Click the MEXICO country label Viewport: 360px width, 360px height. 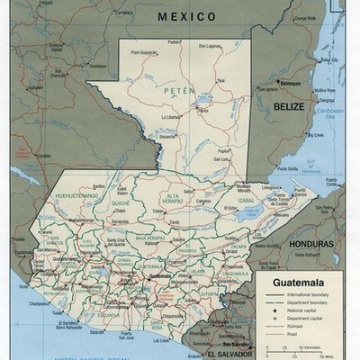(186, 16)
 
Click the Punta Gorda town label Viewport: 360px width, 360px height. (287, 168)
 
